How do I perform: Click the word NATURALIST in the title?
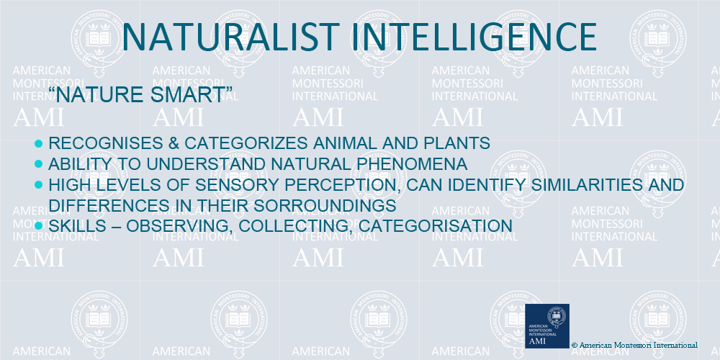coord(230,37)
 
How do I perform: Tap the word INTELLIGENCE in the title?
coord(474,37)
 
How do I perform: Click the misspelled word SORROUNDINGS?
coord(325,205)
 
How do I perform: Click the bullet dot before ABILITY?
coord(39,164)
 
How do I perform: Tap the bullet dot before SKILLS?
coord(39,226)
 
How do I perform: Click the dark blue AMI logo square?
coord(547,326)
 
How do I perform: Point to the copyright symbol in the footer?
coord(575,345)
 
